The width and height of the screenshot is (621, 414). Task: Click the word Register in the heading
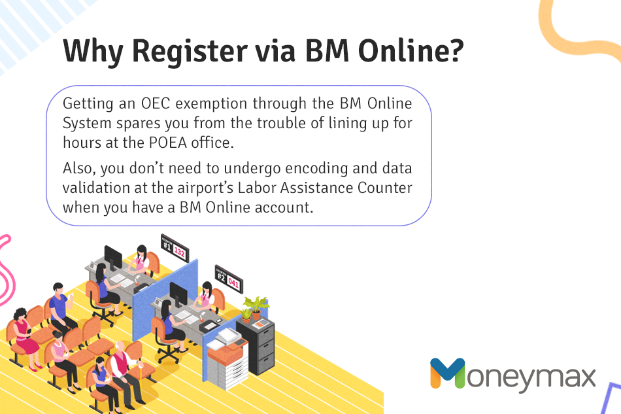[x=190, y=51]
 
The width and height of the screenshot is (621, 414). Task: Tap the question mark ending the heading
[x=456, y=50]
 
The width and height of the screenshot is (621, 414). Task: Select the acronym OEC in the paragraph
[x=156, y=103]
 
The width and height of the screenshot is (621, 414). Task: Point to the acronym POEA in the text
[x=168, y=143]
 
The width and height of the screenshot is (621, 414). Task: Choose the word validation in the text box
[x=96, y=188]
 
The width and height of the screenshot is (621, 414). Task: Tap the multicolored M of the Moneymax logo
[x=448, y=373]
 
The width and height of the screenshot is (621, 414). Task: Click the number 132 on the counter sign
[x=179, y=252]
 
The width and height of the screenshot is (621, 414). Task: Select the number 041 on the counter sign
[x=233, y=283]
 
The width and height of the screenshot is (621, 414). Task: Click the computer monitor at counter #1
[x=113, y=258]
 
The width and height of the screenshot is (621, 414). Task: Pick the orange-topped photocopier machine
[x=227, y=358]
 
